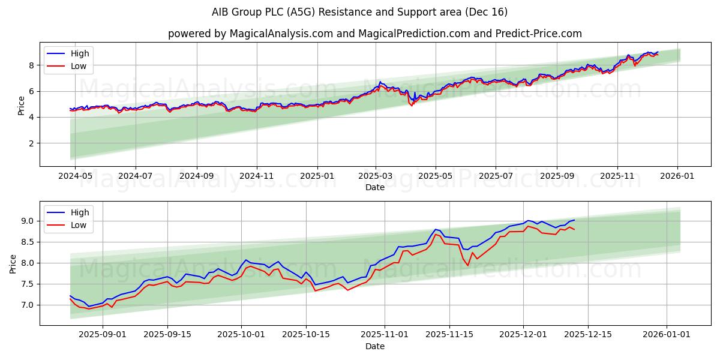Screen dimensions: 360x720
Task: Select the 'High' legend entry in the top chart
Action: [79, 53]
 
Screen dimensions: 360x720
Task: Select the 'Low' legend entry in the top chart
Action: [78, 66]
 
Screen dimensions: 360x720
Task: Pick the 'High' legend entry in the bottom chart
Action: [79, 212]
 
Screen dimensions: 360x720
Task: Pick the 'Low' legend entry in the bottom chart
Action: [78, 225]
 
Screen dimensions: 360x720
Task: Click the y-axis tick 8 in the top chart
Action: [31, 65]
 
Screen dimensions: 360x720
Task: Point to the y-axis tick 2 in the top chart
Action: [31, 143]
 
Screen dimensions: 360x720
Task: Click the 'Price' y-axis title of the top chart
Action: [22, 106]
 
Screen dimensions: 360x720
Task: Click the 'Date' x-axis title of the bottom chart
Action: [374, 346]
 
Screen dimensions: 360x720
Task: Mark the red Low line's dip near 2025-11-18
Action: [468, 265]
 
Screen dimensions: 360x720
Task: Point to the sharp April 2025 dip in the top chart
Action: [412, 106]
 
